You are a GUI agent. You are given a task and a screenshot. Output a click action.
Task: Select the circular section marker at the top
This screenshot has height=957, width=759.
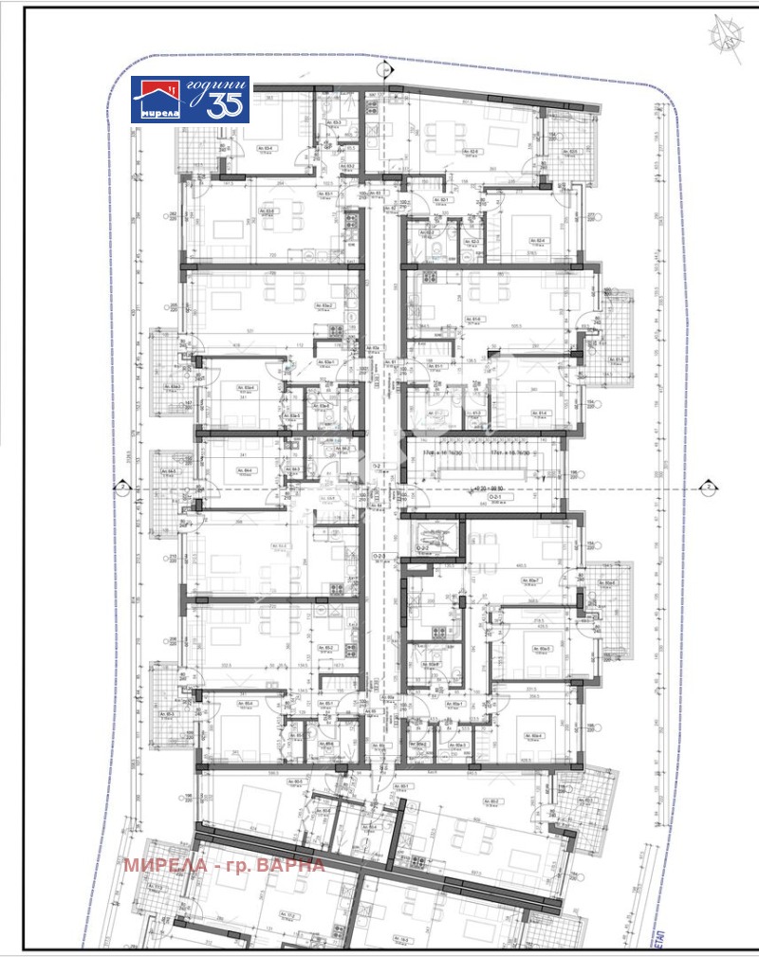[x=383, y=69]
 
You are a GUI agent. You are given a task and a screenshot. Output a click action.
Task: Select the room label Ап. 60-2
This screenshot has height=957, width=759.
[x=491, y=801]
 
